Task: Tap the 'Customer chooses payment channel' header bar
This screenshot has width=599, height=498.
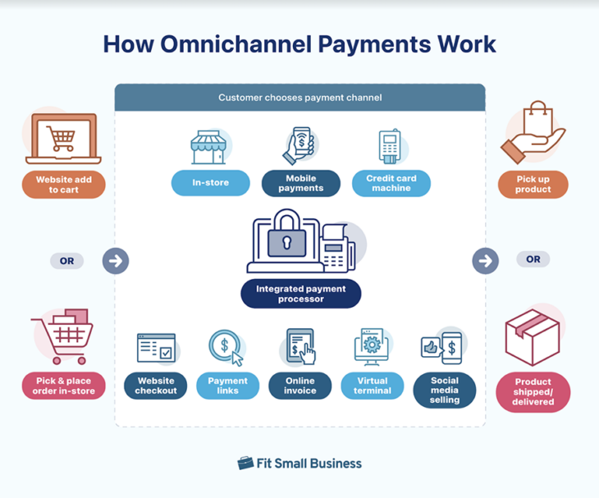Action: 299,98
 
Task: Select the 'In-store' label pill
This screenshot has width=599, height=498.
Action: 210,183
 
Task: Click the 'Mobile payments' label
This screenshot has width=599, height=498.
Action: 300,183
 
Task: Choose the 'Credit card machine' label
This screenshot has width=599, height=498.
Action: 391,183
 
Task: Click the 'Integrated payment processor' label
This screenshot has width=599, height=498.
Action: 300,294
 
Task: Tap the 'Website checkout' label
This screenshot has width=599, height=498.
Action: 156,386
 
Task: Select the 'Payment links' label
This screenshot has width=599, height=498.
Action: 227,386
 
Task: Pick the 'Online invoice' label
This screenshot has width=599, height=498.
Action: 299,386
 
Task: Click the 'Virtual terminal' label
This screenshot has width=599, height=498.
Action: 372,386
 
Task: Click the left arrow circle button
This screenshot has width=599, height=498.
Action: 116,261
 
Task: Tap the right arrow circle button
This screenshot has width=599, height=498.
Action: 485,261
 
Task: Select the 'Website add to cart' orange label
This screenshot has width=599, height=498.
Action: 64,185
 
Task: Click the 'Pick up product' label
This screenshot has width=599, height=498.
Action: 533,185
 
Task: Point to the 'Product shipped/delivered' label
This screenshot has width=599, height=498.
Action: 533,391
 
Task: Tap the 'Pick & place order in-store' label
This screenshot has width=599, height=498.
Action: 64,386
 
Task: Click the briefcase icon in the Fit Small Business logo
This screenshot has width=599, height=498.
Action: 245,464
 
